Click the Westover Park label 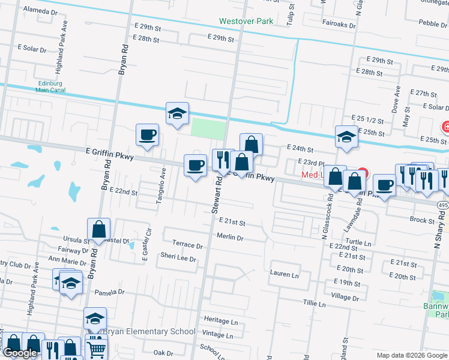[x=246, y=22]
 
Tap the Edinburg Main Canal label [x=50, y=86]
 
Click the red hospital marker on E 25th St [x=446, y=127]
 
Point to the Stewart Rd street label [x=215, y=195]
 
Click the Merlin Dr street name [x=230, y=238]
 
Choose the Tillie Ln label [x=314, y=304]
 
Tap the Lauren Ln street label [x=284, y=275]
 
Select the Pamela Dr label [x=109, y=292]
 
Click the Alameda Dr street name [x=40, y=11]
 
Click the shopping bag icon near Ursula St [x=98, y=229]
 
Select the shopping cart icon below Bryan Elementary [x=97, y=349]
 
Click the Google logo [x=20, y=353]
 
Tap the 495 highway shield [x=442, y=205]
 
